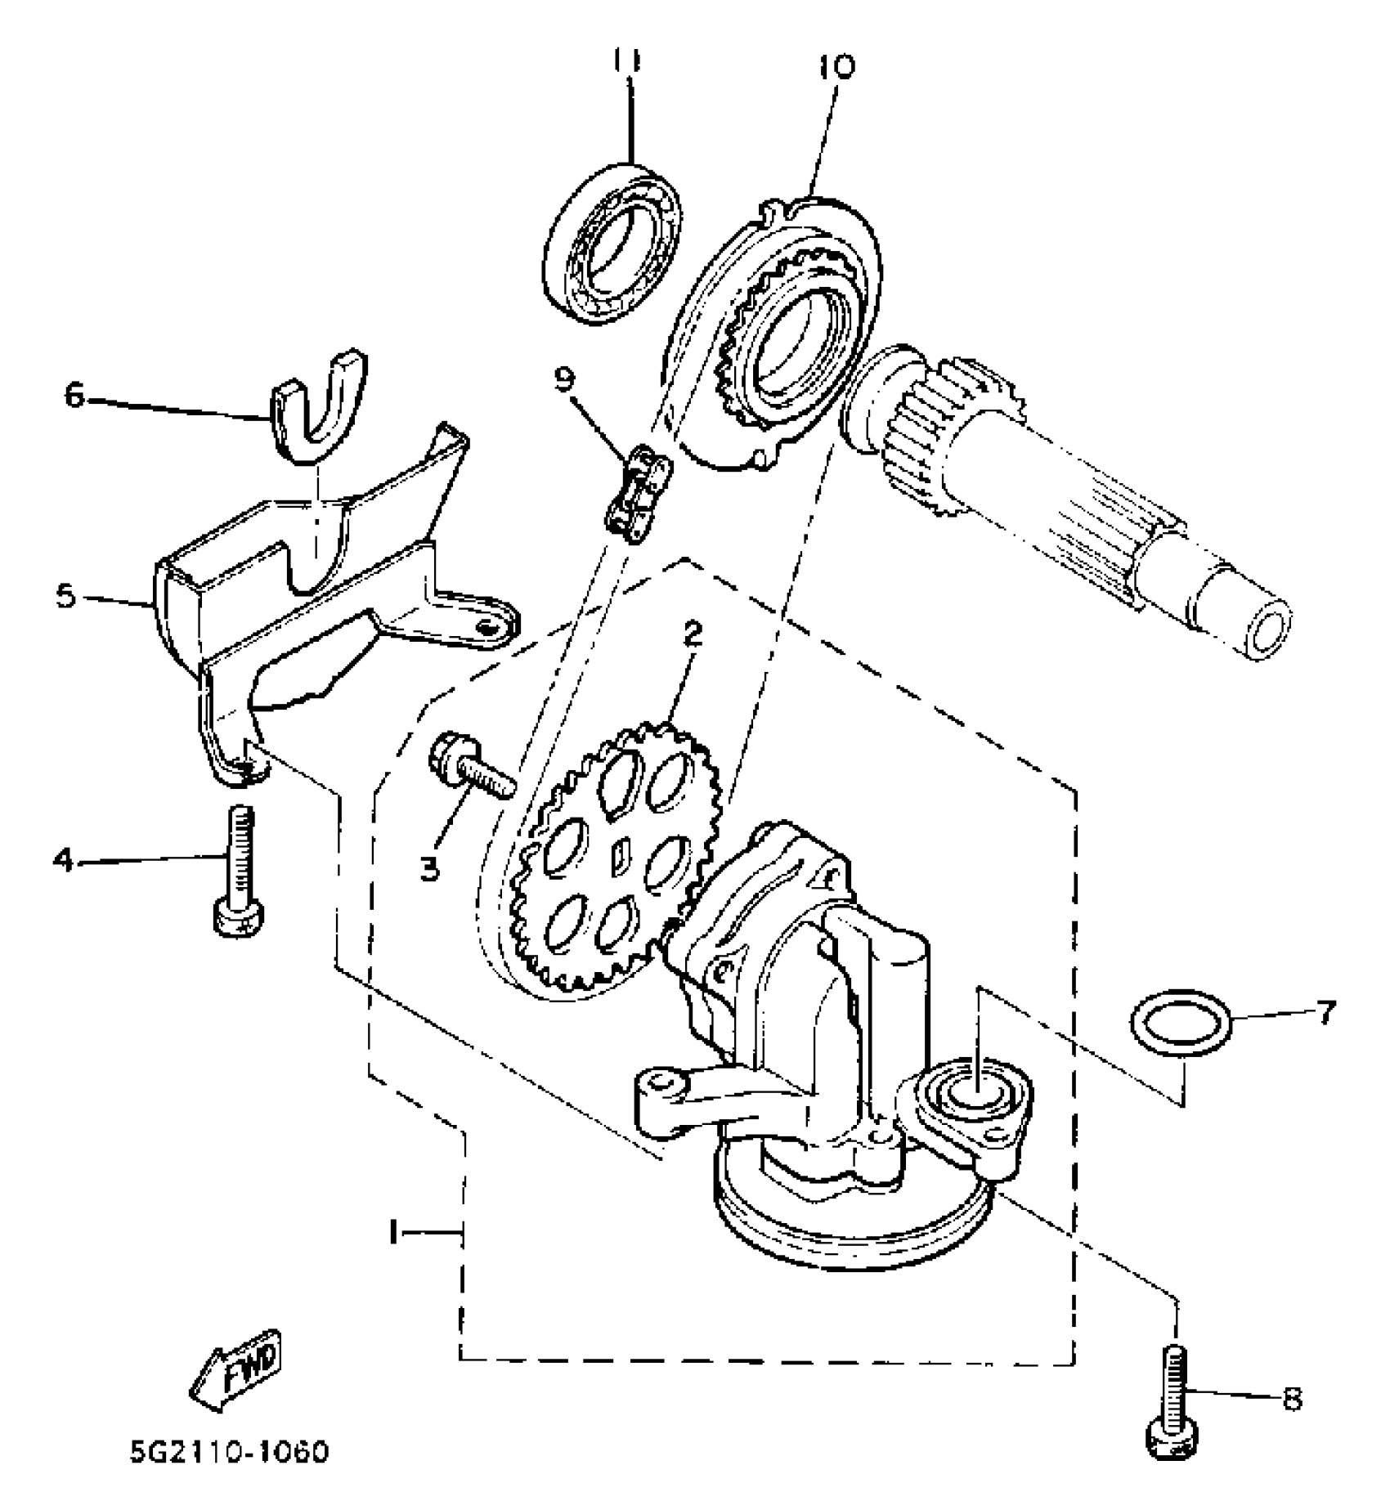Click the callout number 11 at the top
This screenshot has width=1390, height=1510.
point(628,62)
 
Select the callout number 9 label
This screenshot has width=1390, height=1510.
point(563,379)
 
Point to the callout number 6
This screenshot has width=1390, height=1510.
point(74,397)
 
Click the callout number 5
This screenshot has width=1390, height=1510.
point(66,596)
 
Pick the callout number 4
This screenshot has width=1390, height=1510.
point(63,859)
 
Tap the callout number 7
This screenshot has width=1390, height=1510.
point(1325,1012)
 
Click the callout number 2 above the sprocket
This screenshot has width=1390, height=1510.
point(693,634)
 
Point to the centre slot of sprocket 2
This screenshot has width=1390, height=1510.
point(620,855)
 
